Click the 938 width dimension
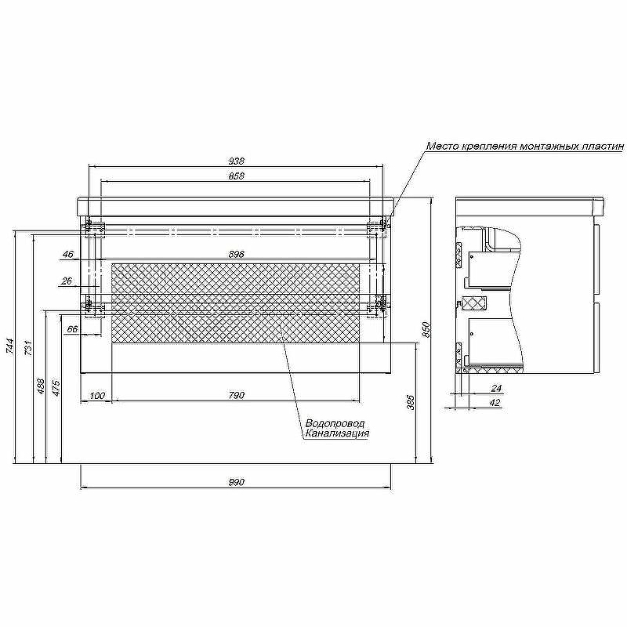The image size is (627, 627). (x=237, y=161)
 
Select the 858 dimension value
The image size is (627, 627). (x=237, y=176)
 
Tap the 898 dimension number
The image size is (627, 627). (x=237, y=254)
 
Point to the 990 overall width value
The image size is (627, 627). (x=237, y=482)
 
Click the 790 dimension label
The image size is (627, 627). (x=237, y=396)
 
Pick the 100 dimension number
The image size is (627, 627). (x=97, y=396)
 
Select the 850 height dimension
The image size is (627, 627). (x=426, y=329)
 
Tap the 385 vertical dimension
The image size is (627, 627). (x=411, y=402)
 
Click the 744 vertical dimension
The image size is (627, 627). (x=10, y=346)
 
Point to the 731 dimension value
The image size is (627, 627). (x=28, y=348)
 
